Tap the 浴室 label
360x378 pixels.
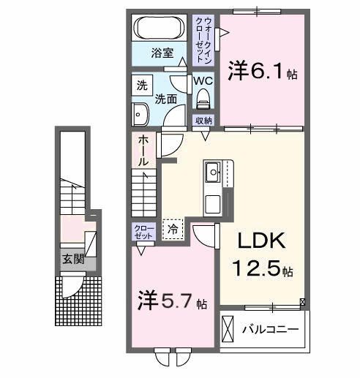point(162,53)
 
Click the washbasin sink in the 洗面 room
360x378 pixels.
point(140,113)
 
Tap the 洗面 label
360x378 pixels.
point(167,97)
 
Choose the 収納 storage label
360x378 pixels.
point(203,120)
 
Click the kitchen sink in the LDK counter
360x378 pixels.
point(214,173)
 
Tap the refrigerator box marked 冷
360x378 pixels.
point(173,230)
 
